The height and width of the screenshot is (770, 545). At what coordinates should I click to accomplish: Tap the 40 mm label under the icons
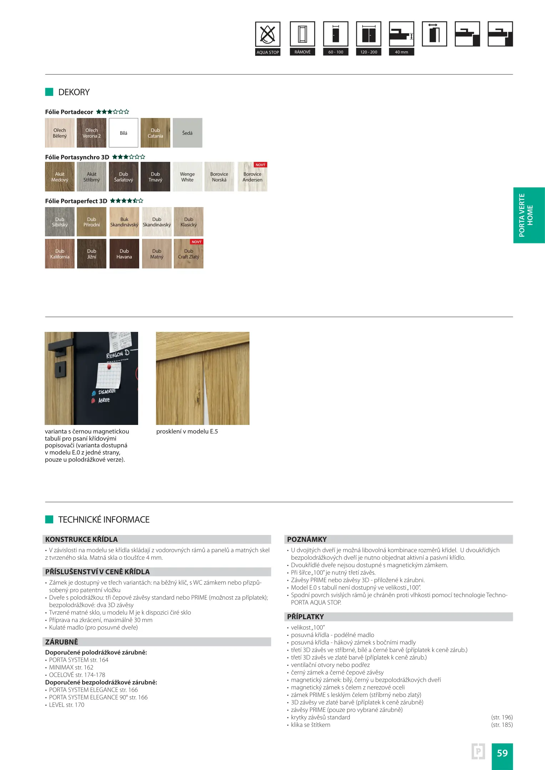tap(402, 52)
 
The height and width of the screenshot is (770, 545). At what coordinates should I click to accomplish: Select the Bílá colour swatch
tap(123, 133)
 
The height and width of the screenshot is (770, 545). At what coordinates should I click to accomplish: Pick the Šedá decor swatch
tap(187, 133)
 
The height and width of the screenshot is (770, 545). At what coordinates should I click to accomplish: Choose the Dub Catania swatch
tap(155, 133)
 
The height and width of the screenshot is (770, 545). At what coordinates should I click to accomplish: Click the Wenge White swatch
tap(187, 177)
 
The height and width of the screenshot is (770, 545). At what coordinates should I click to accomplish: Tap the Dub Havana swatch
tap(124, 254)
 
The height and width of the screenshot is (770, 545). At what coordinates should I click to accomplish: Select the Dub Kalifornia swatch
tap(60, 254)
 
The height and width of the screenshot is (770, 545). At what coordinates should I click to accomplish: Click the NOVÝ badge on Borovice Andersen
tap(261, 165)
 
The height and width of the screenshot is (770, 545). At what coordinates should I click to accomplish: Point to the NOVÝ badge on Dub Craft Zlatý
tap(197, 242)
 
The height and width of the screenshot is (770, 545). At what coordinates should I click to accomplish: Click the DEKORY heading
tap(74, 92)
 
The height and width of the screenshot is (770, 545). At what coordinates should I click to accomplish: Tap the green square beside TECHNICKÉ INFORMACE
tap(49, 519)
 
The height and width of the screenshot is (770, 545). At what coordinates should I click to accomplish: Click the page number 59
tap(502, 753)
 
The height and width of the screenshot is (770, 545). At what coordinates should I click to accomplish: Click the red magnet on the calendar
tap(109, 366)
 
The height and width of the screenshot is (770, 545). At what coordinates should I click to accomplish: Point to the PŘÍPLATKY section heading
tap(306, 617)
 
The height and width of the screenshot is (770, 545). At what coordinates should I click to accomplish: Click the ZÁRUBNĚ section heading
tap(62, 642)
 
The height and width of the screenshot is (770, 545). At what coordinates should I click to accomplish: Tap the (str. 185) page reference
tap(502, 725)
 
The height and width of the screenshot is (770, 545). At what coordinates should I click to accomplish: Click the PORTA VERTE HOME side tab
tap(529, 215)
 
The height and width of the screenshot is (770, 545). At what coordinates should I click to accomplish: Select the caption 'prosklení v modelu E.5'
tap(187, 431)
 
